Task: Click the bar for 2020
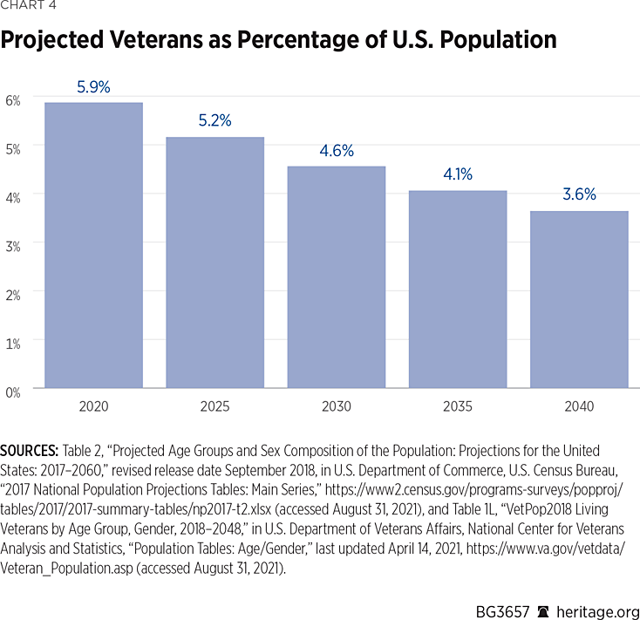click(93, 245)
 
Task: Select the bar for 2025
click(214, 262)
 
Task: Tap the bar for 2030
click(337, 276)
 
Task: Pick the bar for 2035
click(458, 289)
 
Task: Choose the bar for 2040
click(579, 299)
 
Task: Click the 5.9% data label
click(93, 88)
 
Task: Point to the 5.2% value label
click(214, 121)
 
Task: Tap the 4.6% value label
click(337, 150)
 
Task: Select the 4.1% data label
click(458, 174)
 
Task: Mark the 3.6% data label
click(579, 194)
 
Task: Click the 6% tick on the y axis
click(13, 100)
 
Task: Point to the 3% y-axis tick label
click(13, 245)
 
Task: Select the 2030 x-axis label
click(337, 406)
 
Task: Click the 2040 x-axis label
click(579, 406)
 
